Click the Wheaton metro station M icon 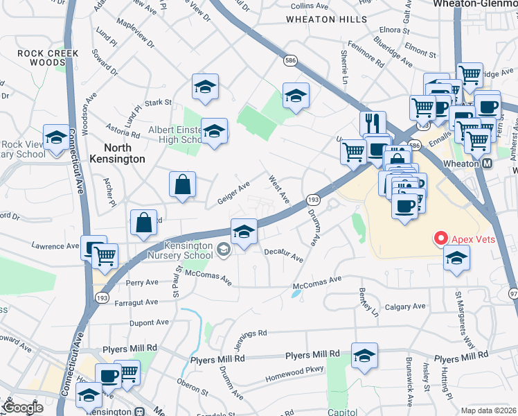click(x=487, y=164)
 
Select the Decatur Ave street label click(x=283, y=255)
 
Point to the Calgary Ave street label click(x=405, y=306)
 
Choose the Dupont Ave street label click(x=148, y=322)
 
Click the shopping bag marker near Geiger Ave click(x=182, y=185)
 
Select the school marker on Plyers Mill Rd click(x=364, y=355)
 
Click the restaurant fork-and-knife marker click(x=373, y=123)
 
